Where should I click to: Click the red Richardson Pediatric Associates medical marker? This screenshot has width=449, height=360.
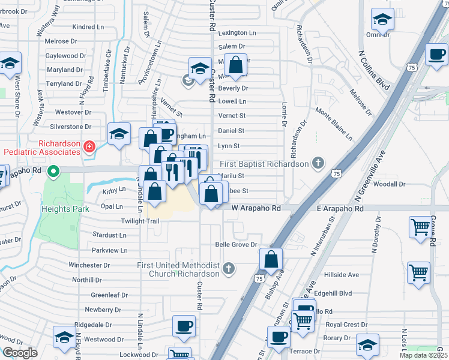click(x=89, y=146)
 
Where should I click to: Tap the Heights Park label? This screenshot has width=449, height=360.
click(x=65, y=209)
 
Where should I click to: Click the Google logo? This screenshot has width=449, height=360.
click(x=19, y=352)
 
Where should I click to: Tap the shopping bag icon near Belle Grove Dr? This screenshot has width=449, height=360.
click(x=271, y=260)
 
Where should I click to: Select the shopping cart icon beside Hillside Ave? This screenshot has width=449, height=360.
click(x=418, y=272)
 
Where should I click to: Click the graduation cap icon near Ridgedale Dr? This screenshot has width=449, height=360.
click(x=64, y=337)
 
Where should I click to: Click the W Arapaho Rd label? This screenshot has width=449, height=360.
click(x=256, y=208)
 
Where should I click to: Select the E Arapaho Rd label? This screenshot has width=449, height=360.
click(x=340, y=208)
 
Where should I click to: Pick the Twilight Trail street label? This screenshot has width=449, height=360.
click(x=140, y=221)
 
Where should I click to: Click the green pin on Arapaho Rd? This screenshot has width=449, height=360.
click(x=53, y=173)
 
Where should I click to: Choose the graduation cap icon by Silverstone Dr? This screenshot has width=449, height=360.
click(x=119, y=134)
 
